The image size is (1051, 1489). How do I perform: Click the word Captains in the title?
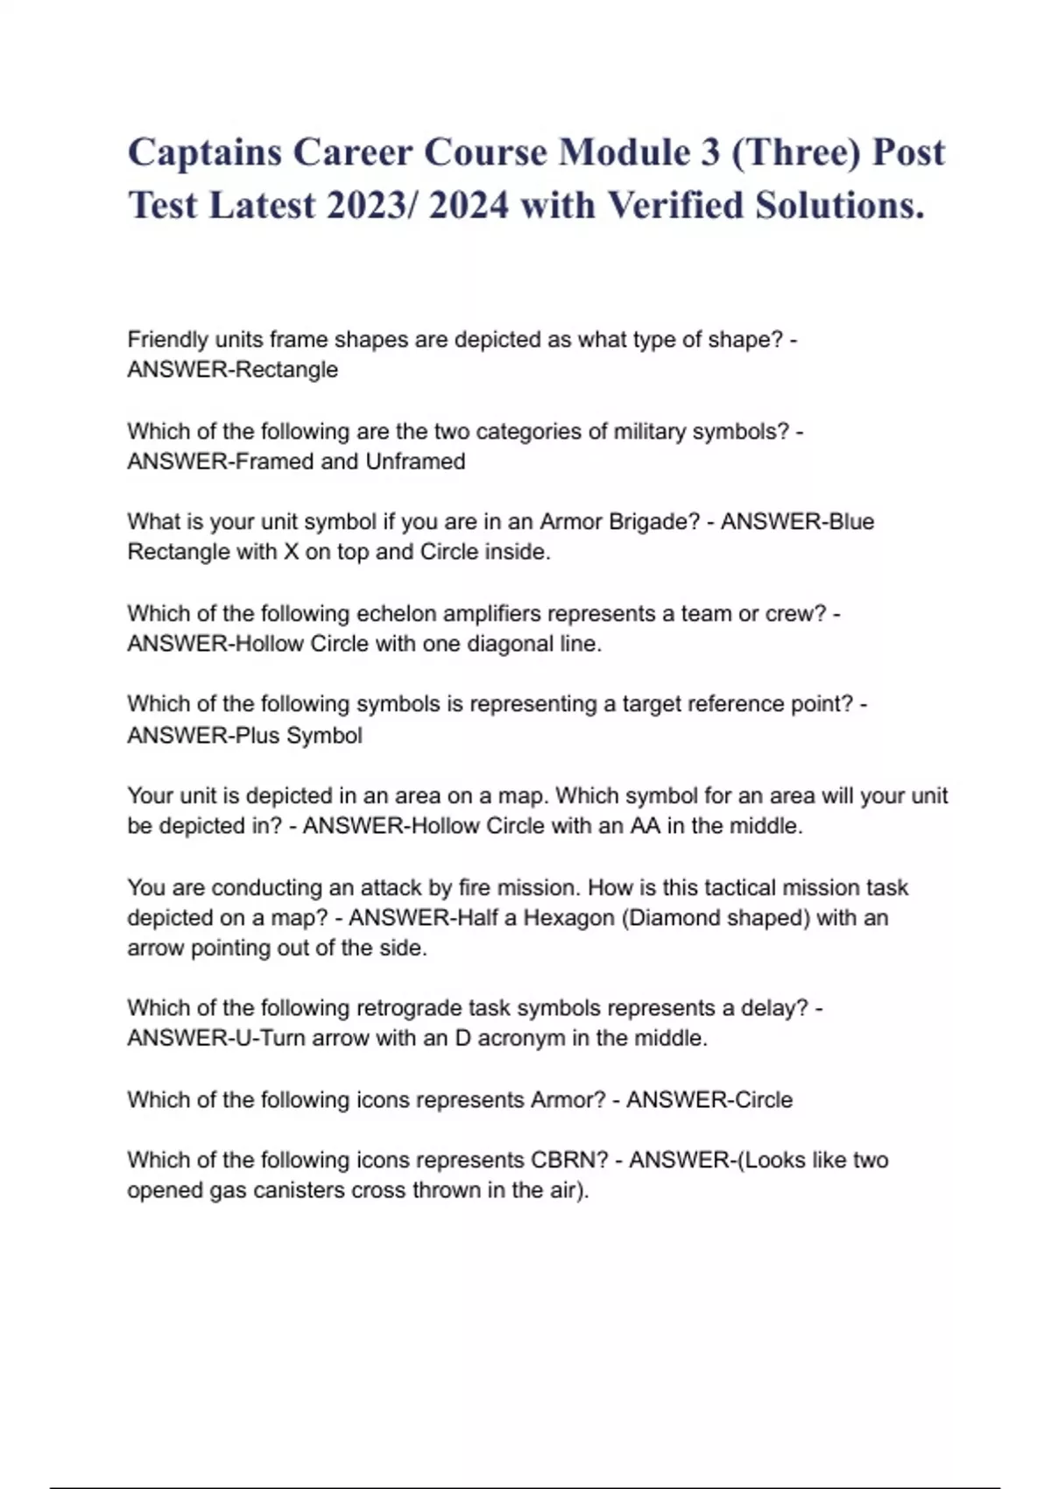click(x=204, y=152)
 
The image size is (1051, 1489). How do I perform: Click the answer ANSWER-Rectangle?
click(x=232, y=370)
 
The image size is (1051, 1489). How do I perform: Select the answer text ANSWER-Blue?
click(x=797, y=522)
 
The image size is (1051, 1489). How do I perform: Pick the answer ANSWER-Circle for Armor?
click(x=709, y=1100)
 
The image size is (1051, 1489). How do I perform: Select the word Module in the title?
click(x=624, y=152)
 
